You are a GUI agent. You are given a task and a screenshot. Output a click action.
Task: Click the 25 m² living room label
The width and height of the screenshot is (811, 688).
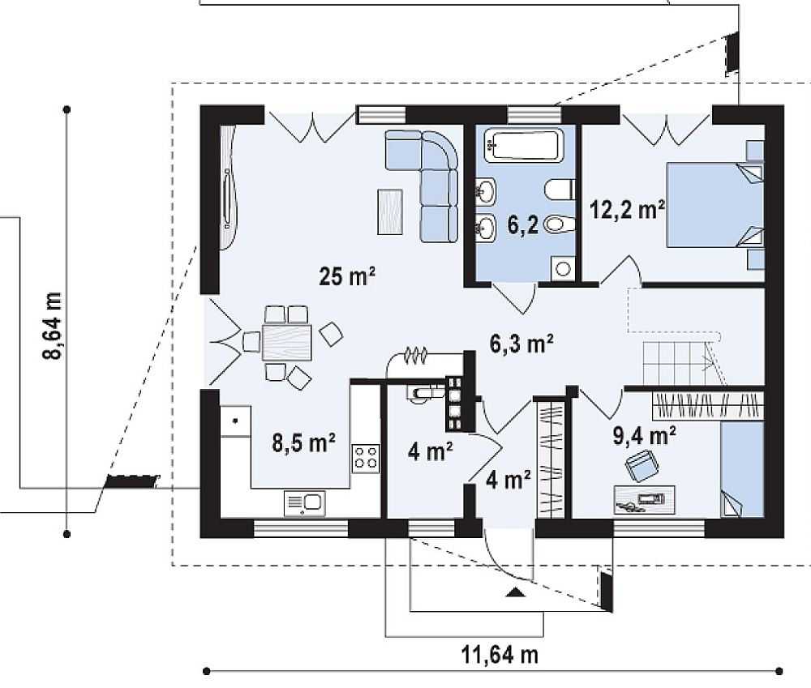[x=347, y=276]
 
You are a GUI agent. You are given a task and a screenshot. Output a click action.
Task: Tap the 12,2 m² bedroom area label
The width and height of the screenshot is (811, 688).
[x=628, y=210]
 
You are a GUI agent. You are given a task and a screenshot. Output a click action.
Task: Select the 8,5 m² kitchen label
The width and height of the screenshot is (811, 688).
[x=303, y=443]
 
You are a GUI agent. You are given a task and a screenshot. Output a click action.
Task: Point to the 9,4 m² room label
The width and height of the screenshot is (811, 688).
[x=644, y=435]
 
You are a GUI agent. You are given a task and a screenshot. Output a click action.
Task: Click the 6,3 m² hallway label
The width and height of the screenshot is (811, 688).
[x=521, y=344]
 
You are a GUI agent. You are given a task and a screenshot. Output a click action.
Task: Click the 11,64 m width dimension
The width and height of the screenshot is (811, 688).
[x=500, y=655]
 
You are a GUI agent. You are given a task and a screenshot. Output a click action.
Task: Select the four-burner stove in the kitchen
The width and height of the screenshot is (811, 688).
[x=366, y=458]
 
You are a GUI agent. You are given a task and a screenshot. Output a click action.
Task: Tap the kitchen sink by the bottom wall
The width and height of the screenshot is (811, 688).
[x=305, y=503]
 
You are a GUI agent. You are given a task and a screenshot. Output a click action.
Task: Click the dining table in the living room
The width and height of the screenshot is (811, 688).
[x=287, y=342]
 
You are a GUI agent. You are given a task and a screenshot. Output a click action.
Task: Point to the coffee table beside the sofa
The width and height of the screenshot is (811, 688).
[x=390, y=212]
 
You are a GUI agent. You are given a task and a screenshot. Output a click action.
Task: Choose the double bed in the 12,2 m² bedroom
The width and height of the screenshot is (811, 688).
[x=714, y=205]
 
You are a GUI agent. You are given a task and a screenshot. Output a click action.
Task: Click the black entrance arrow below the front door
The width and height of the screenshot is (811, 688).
[x=515, y=592]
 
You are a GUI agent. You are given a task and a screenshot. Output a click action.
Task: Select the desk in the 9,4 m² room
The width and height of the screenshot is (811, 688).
[x=645, y=500]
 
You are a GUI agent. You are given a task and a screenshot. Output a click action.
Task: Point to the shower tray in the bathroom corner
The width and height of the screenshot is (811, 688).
[x=563, y=267]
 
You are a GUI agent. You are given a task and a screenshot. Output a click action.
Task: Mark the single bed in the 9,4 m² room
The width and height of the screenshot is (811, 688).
[x=742, y=469]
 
